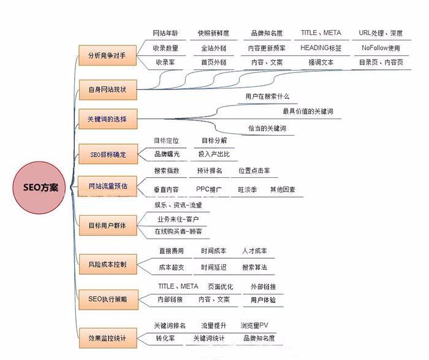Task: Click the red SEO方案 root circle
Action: [x=39, y=188]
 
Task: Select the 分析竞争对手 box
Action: [x=107, y=55]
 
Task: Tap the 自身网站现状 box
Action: [x=108, y=90]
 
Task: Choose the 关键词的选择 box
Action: [x=108, y=119]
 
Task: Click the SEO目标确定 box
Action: [x=108, y=154]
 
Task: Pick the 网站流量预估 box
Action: [x=107, y=186]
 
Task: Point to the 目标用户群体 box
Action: [x=108, y=225]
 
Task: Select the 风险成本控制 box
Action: [x=108, y=264]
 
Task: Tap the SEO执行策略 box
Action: [x=108, y=299]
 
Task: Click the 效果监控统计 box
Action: [x=108, y=338]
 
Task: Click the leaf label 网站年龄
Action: [x=165, y=33]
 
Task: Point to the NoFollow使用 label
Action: [x=381, y=48]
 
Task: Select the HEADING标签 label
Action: [x=321, y=48]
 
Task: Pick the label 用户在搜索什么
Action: [x=267, y=96]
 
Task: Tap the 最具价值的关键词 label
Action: [x=308, y=111]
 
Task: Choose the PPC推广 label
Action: [x=209, y=189]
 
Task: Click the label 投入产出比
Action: [x=214, y=154]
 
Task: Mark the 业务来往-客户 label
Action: [x=178, y=219]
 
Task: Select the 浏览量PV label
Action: [x=254, y=325]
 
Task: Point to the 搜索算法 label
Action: [x=254, y=267]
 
